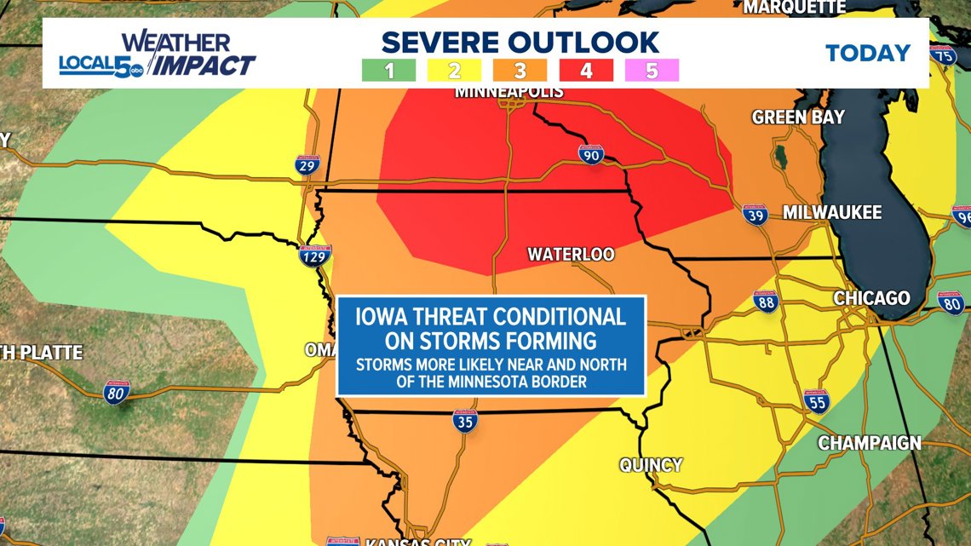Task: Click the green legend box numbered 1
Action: (389, 71)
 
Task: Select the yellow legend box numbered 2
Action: (455, 71)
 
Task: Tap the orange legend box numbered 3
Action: (520, 71)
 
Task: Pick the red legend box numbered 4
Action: (586, 71)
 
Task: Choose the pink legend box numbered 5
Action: (652, 71)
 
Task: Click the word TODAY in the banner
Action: (868, 53)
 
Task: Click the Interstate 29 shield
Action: (309, 164)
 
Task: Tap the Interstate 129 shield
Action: (314, 255)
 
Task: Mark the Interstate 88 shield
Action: (766, 301)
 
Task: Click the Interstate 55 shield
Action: (816, 400)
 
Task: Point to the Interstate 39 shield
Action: (753, 213)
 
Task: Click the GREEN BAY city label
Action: (797, 117)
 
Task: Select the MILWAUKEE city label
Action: (831, 213)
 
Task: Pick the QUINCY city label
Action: (651, 464)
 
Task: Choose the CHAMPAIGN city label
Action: (870, 443)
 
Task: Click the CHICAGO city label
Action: (871, 298)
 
